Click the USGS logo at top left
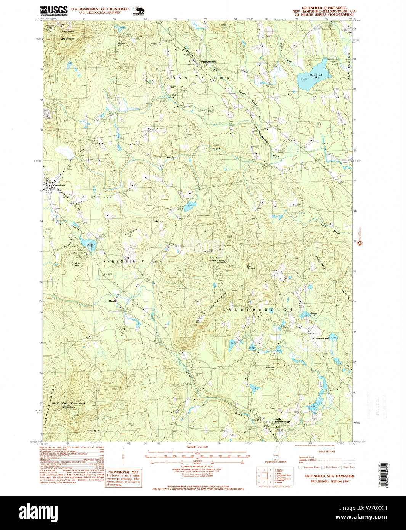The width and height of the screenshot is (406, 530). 54,11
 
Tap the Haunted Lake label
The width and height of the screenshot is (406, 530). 315,76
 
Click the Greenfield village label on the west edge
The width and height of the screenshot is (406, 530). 59,185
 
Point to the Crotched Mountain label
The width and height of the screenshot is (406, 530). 68,35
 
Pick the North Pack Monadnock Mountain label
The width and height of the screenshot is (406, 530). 69,405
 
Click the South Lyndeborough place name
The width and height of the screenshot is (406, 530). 281,420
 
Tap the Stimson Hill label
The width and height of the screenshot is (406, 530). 270,368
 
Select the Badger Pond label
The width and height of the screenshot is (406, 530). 313,314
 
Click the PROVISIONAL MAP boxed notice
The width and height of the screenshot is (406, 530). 123,478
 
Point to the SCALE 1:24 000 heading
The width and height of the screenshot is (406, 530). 197,447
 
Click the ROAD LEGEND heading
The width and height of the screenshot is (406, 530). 326,451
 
